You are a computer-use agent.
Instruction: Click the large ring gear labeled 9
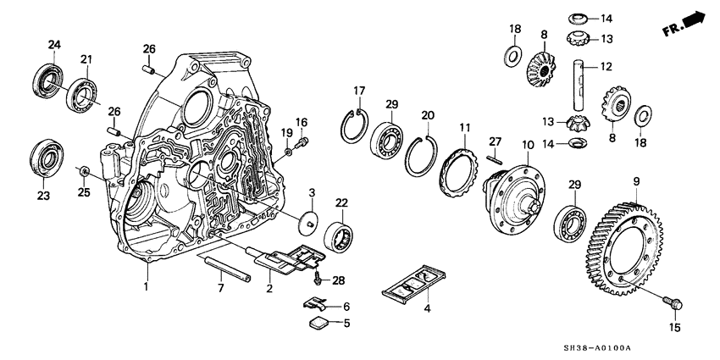pyautogui.click(x=631, y=245)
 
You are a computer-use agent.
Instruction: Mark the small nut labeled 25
pyautogui.click(x=86, y=173)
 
